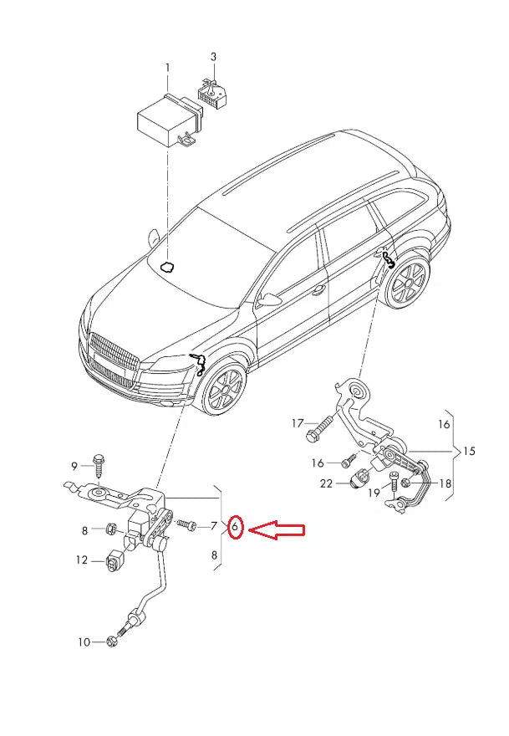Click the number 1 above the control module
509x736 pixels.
click(166, 67)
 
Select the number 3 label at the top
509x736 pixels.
click(213, 57)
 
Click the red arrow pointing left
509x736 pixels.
click(278, 529)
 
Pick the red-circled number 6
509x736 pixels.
click(236, 528)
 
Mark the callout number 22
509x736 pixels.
click(327, 483)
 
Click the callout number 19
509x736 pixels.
click(374, 494)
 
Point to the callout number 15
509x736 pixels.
click(468, 451)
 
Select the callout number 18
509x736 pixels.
click(445, 483)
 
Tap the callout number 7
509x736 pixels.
click(214, 526)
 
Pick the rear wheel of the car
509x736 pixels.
click(409, 282)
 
